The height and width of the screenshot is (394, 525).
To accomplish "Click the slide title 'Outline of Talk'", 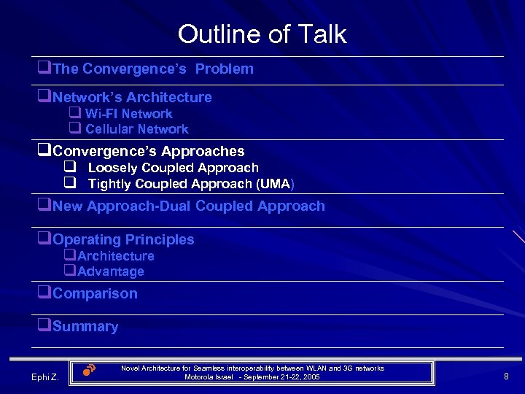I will pyautogui.click(x=262, y=34).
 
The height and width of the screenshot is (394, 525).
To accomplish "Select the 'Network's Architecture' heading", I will pyautogui.click(x=132, y=97).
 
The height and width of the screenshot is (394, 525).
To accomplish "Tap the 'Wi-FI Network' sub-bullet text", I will pyautogui.click(x=128, y=114).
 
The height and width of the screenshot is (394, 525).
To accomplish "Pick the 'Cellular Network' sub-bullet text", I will pyautogui.click(x=136, y=129).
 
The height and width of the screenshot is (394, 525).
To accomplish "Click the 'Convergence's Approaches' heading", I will pyautogui.click(x=149, y=151).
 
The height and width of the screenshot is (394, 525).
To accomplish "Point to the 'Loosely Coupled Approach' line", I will pyautogui.click(x=173, y=168).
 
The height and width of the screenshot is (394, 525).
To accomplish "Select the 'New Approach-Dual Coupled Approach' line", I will pyautogui.click(x=189, y=206).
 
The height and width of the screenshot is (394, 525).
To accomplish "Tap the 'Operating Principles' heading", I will pyautogui.click(x=123, y=239).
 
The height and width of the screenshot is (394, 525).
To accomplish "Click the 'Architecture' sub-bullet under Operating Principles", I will pyautogui.click(x=115, y=256).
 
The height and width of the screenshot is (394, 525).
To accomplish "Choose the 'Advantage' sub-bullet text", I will pyautogui.click(x=110, y=271).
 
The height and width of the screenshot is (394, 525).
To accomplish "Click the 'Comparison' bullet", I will pyautogui.click(x=95, y=293).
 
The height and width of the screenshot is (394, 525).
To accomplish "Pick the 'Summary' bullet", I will pyautogui.click(x=85, y=327).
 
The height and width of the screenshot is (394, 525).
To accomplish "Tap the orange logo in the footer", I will pyautogui.click(x=89, y=369).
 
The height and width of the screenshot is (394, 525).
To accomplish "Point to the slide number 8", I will pyautogui.click(x=505, y=376).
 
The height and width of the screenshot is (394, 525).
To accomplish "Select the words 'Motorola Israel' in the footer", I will pyautogui.click(x=209, y=377).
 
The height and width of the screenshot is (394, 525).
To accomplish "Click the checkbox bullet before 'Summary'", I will pyautogui.click(x=45, y=326).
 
